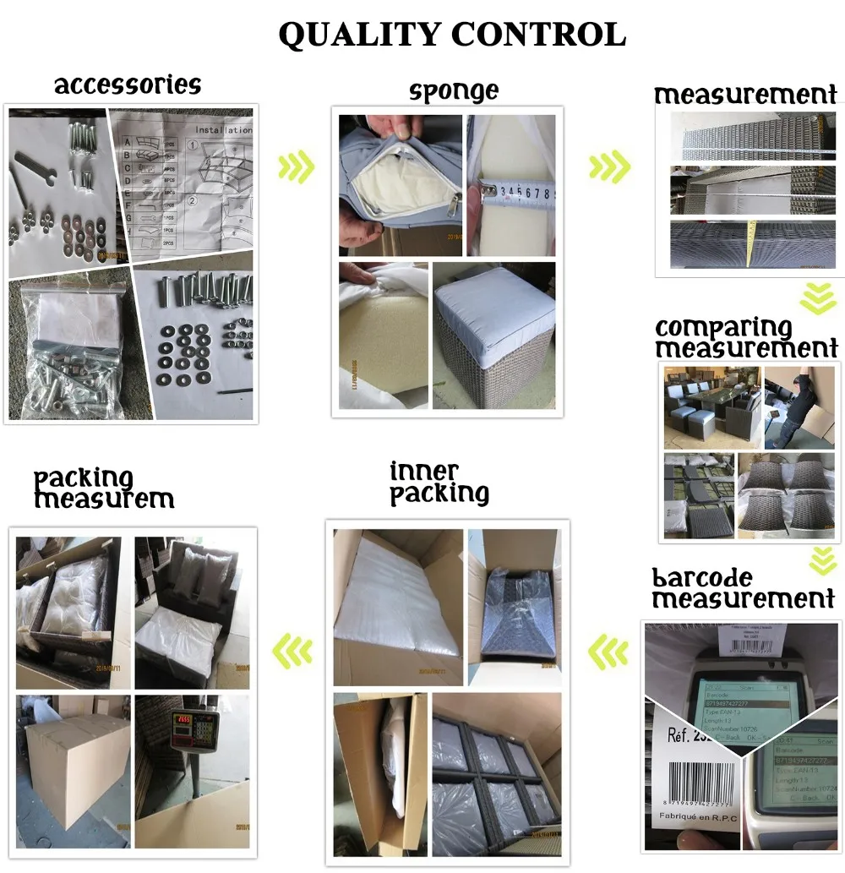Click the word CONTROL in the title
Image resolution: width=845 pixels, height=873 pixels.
pos(538,35)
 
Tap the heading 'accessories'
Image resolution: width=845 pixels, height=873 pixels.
pos(128,85)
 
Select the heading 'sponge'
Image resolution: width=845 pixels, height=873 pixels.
pos(454,90)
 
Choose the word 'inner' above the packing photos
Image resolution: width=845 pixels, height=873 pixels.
pos(424,472)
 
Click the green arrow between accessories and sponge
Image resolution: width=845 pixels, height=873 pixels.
pos(295,167)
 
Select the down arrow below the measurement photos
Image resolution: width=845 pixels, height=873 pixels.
pos(819,297)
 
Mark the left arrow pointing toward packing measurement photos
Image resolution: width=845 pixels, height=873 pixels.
pos(291,650)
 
